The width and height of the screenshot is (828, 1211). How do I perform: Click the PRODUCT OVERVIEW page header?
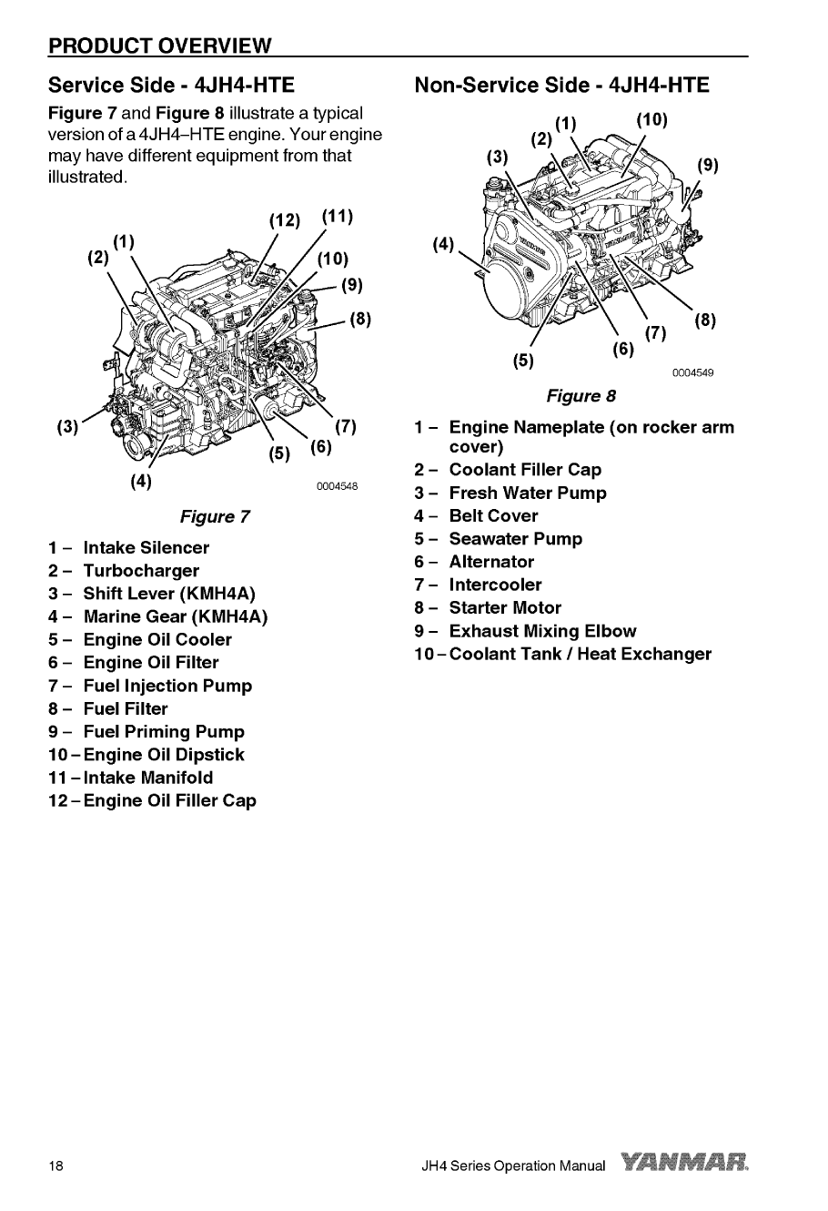point(160,46)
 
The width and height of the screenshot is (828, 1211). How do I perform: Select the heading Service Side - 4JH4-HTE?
point(172,86)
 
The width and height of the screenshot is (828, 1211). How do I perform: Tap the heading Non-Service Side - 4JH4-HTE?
point(561,86)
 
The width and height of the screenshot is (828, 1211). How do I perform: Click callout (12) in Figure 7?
point(285,219)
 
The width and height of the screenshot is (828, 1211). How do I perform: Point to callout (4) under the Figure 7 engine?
point(140,480)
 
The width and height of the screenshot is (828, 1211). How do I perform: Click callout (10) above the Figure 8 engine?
point(651,119)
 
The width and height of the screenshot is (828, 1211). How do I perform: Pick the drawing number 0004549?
point(693,372)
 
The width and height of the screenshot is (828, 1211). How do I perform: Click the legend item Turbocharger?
point(140,571)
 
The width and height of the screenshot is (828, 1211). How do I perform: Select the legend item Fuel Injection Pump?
point(167,686)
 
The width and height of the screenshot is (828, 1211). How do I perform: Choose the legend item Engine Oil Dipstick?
point(163,755)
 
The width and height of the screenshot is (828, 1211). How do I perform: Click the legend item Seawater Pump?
point(515,539)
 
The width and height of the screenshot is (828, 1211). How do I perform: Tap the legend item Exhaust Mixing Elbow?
point(542,631)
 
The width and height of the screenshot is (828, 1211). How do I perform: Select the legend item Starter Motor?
point(505,607)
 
